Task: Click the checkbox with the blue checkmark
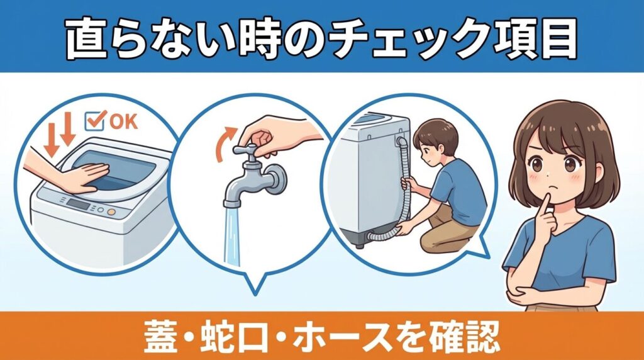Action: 94,120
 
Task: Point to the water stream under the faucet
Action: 234,236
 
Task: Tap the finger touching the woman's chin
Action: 544,200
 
